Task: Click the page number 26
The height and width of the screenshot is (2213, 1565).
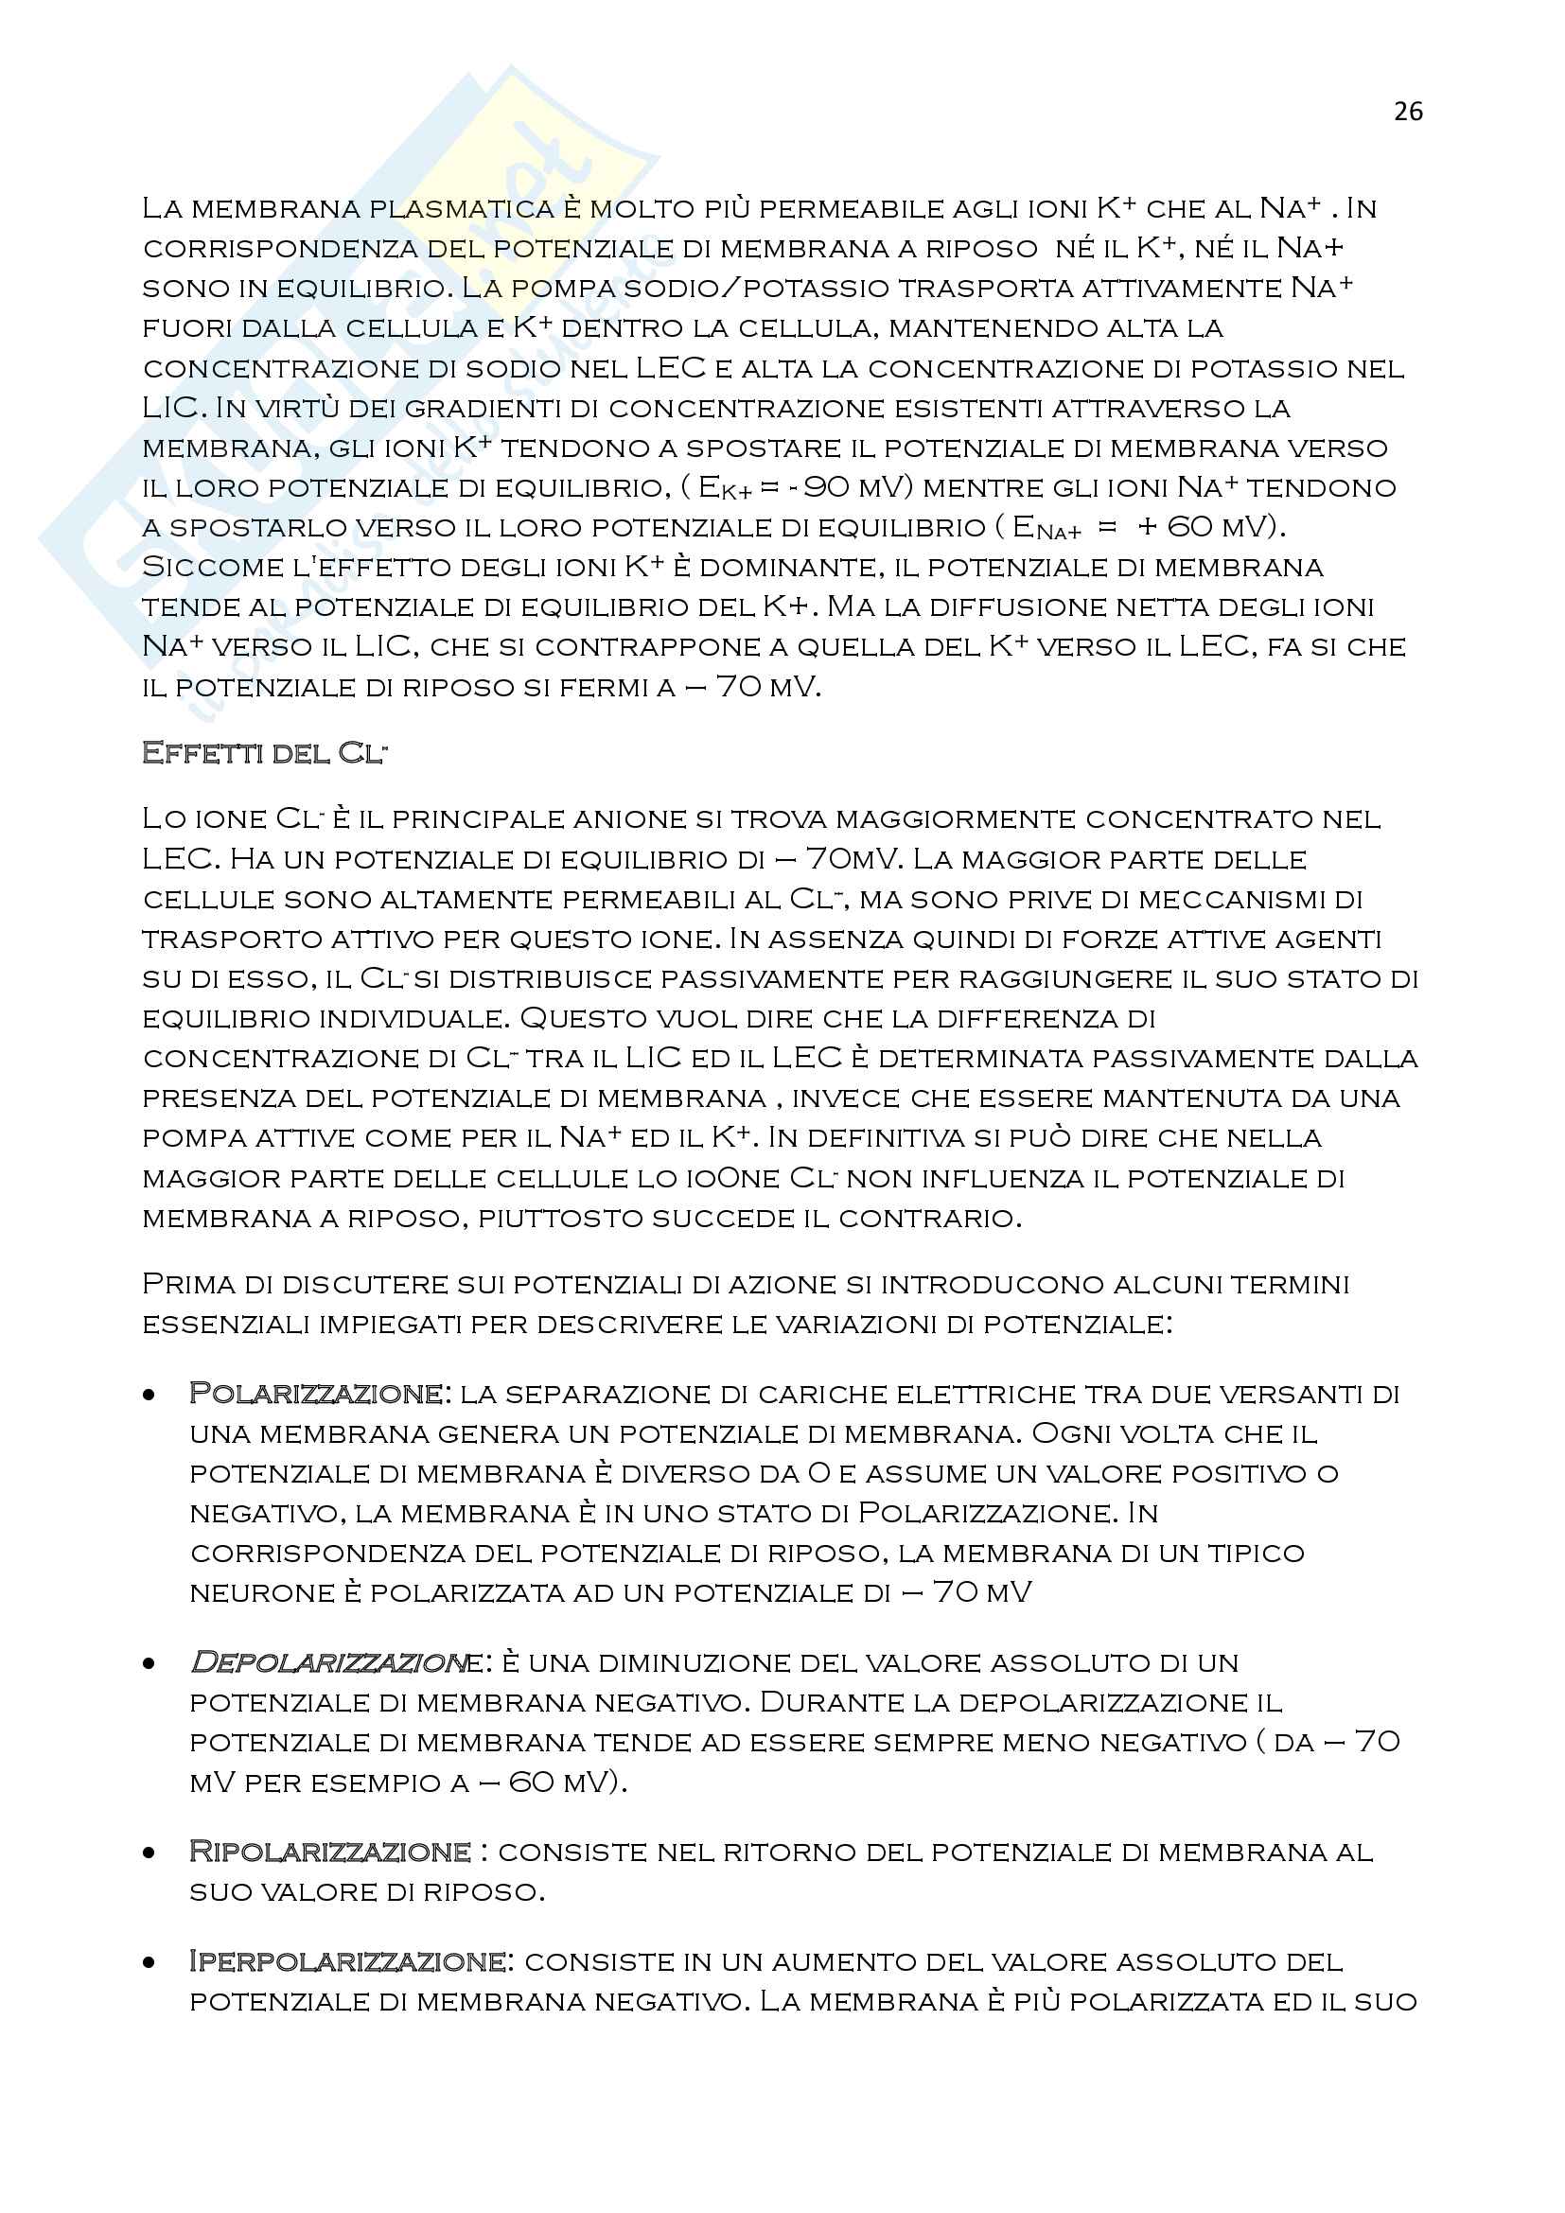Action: click(x=1407, y=112)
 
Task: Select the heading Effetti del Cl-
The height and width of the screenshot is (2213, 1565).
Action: click(x=263, y=753)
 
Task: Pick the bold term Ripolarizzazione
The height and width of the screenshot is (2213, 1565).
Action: click(x=329, y=1852)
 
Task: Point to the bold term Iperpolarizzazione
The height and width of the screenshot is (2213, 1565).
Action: click(x=347, y=1961)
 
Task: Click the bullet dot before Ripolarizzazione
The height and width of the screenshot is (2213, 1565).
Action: click(x=149, y=1853)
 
